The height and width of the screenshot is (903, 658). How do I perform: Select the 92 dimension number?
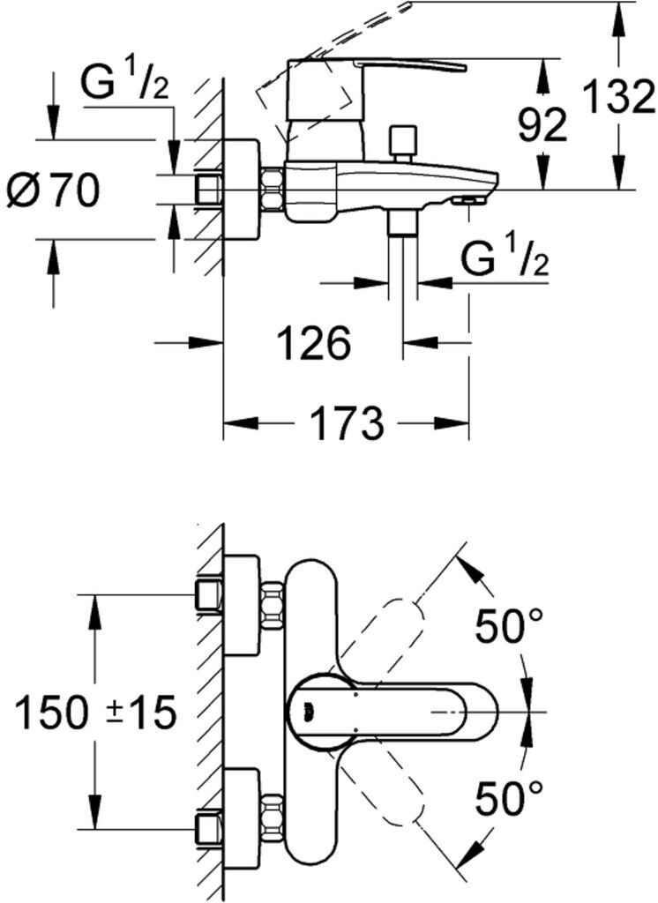pos(542,126)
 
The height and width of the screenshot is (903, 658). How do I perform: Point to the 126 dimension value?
pos(314,342)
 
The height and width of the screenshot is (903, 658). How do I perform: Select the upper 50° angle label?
pos(510,626)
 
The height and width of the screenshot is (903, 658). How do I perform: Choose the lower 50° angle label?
pos(510,799)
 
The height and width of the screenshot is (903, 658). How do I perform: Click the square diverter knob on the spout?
pos(404,140)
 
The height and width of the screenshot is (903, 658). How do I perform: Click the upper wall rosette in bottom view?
pos(242,606)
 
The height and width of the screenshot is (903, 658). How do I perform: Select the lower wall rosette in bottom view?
pos(242,810)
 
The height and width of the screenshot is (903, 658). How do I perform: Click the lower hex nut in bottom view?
pos(272,816)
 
